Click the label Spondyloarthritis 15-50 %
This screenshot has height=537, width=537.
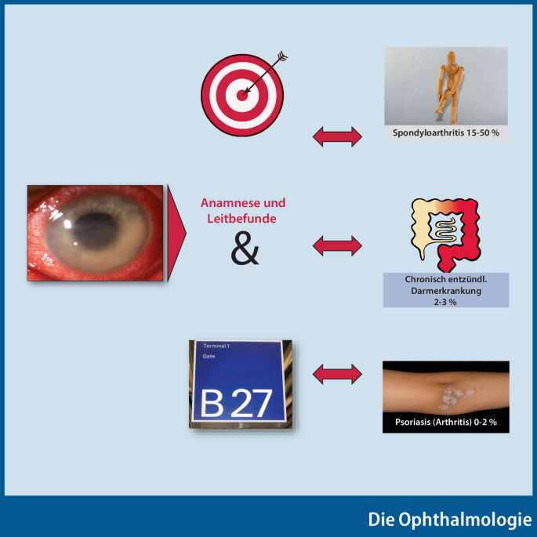(x=445, y=133)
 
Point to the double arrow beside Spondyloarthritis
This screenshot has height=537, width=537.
(x=337, y=137)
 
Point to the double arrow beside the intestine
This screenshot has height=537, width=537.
(x=337, y=245)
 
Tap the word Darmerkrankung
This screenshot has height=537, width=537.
(x=445, y=290)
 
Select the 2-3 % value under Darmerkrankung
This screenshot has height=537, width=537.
(x=445, y=302)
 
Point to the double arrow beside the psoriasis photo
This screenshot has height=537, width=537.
(x=337, y=373)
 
